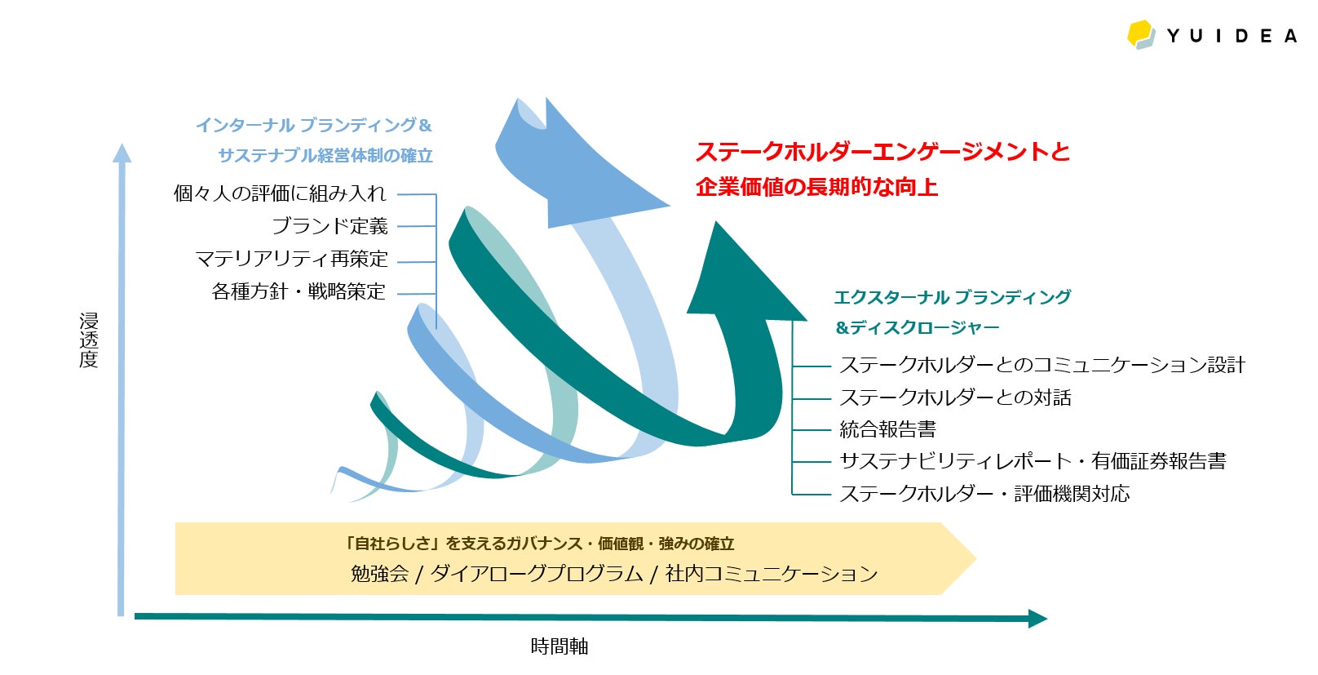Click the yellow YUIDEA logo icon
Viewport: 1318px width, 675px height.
point(1141,34)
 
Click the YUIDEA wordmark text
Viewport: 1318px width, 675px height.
point(1231,36)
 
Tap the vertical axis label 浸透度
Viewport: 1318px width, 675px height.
point(89,340)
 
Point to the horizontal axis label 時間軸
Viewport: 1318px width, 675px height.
point(559,646)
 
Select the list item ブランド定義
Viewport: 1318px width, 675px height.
point(329,226)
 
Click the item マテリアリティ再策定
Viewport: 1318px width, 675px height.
point(291,259)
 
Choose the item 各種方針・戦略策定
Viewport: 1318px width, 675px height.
point(299,291)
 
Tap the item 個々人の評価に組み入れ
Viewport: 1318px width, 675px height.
point(280,193)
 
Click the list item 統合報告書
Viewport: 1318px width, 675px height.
point(887,429)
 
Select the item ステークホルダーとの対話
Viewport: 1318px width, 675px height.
point(955,397)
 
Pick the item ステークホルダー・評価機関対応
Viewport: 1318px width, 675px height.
point(984,494)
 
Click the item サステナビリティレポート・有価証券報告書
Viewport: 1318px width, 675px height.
point(1033,461)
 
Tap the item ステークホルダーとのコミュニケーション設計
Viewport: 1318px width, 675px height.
point(1042,365)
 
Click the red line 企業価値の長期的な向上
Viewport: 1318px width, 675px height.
point(816,187)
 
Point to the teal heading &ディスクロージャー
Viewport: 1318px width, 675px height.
point(917,327)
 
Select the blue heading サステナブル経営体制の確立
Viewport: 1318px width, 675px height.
point(325,155)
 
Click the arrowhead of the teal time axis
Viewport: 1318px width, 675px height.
point(1037,619)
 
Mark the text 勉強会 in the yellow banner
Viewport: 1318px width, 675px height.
point(379,574)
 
